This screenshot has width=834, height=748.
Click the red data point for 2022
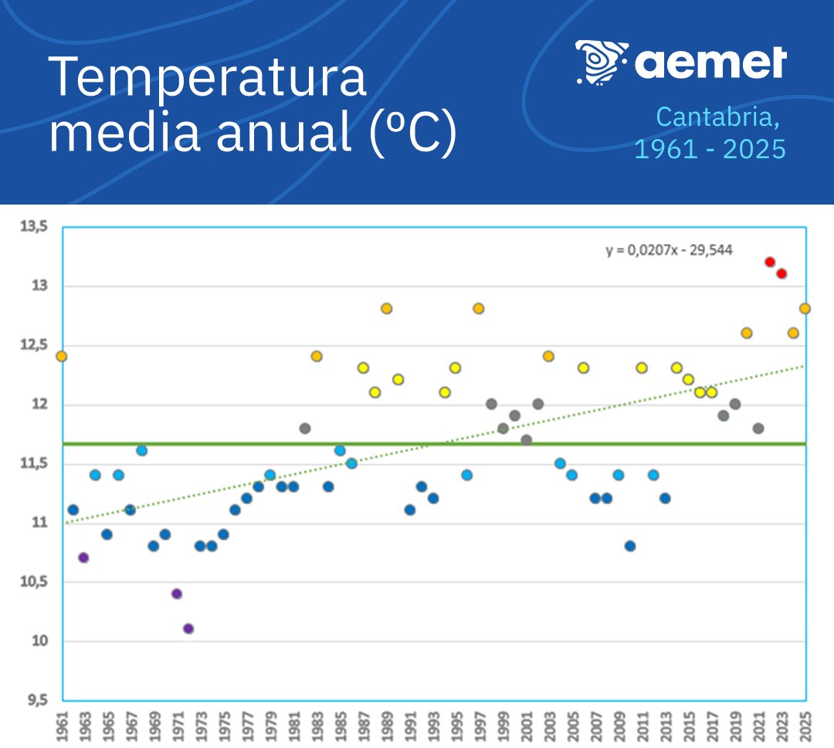770,262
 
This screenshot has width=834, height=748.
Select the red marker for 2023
781,273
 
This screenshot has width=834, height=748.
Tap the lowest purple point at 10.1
188,628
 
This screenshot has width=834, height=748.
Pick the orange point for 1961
62,356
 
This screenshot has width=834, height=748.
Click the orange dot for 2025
805,308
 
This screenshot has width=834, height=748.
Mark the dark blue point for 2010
630,546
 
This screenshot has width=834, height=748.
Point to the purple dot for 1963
84,557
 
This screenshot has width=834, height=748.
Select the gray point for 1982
305,428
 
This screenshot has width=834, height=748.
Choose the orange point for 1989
387,308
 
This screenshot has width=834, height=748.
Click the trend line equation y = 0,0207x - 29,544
669,250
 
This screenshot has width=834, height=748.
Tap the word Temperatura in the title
207,77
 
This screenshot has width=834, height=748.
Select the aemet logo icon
602,61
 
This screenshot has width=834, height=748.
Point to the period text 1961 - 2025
710,148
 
